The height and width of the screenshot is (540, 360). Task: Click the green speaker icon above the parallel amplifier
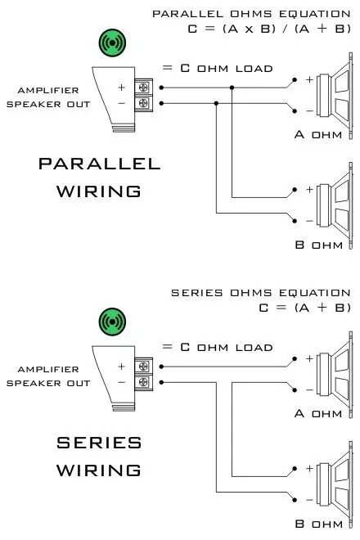click(112, 43)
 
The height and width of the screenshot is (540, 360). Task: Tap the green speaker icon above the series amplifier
click(112, 322)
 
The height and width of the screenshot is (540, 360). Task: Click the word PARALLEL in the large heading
click(99, 164)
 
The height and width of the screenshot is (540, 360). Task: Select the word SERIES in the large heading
click(99, 443)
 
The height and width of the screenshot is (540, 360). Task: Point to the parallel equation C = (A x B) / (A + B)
click(269, 29)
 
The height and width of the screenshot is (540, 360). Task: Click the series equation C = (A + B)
click(305, 307)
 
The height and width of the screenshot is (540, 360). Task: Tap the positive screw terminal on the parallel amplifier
click(143, 87)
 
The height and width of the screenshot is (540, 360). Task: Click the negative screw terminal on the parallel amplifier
click(143, 102)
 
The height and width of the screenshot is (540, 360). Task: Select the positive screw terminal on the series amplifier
click(143, 366)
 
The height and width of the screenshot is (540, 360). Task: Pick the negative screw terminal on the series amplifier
click(143, 381)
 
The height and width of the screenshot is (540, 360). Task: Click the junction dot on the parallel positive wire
click(232, 88)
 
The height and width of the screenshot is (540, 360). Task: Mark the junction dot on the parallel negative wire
click(216, 103)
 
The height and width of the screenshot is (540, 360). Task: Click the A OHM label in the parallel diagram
click(318, 134)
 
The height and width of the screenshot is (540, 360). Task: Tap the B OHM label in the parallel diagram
click(318, 245)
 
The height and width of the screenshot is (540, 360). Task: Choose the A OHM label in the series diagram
click(318, 413)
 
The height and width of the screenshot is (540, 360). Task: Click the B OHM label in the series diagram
click(318, 524)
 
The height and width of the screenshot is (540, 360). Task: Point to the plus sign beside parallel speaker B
click(310, 190)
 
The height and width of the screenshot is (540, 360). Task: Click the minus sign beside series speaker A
click(310, 389)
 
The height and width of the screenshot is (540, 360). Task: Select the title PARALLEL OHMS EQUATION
click(251, 14)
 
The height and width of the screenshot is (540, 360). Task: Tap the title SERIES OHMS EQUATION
click(261, 293)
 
